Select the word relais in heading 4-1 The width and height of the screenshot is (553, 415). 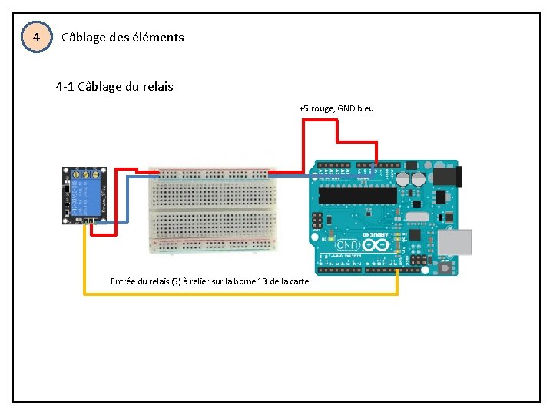(x=157, y=87)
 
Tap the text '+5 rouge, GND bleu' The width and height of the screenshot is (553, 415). (x=336, y=108)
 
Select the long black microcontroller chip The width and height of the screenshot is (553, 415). (x=357, y=195)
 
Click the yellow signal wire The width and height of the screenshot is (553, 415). (x=230, y=293)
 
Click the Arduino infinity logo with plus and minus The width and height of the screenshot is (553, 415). (x=376, y=245)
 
